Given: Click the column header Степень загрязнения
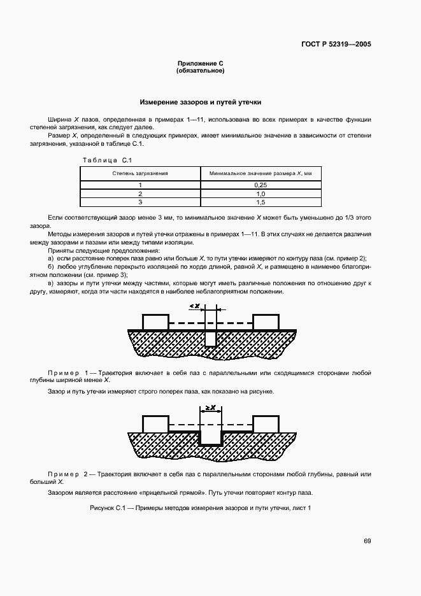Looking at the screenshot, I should tap(140, 173).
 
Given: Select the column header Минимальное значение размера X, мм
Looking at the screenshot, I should tap(260, 173).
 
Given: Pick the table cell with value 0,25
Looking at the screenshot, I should tap(260, 185).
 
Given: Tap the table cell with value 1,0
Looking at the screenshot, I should tap(260, 194).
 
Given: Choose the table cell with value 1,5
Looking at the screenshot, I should tap(260, 202).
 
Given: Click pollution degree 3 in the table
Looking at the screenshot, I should tap(140, 202).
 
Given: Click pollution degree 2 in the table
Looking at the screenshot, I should tap(140, 194).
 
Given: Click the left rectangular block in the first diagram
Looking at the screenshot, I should tap(155, 322).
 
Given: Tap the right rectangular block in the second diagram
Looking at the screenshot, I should tap(266, 423).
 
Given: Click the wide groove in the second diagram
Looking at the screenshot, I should tap(210, 437).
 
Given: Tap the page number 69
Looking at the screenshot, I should tap(367, 541).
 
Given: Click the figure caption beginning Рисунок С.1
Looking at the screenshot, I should tap(200, 507).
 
